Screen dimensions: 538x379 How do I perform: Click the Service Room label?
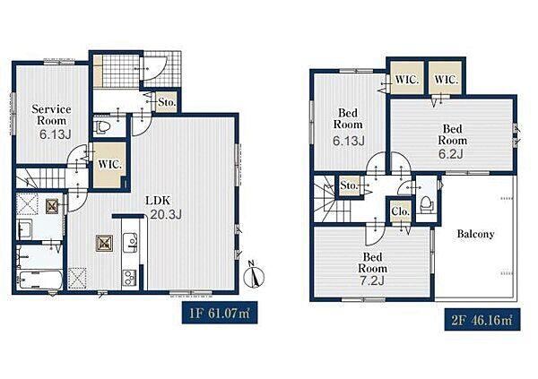point(51,115)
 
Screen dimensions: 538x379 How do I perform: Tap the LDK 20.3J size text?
point(166,214)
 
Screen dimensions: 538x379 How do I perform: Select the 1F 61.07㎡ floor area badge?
point(220,314)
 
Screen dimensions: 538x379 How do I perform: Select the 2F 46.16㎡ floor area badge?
point(482,320)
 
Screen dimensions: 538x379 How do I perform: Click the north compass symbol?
point(254,275)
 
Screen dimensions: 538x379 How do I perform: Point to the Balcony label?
point(475,234)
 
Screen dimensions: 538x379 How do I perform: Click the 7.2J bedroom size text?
point(372,280)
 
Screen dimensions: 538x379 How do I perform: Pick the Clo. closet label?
point(401,211)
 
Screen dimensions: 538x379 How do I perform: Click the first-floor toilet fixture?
point(102,127)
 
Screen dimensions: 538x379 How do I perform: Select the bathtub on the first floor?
point(40,280)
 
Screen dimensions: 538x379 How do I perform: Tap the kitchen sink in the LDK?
point(130,243)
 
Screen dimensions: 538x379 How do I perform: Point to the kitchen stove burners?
point(130,277)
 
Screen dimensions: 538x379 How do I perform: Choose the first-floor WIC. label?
point(109,164)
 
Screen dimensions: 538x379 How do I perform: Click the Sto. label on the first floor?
point(167,102)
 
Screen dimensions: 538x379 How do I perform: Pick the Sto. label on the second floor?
point(350,185)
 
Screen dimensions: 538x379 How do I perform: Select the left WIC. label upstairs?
point(407,81)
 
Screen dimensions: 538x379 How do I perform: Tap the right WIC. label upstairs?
point(447,81)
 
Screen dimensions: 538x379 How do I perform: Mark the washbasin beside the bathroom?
point(25,229)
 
